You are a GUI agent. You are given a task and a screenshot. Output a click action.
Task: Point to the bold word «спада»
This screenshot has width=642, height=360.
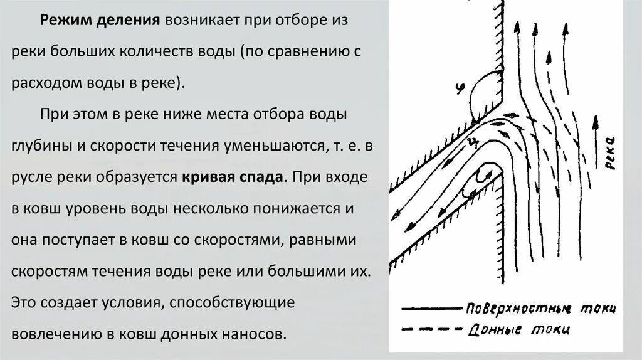[258, 177]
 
